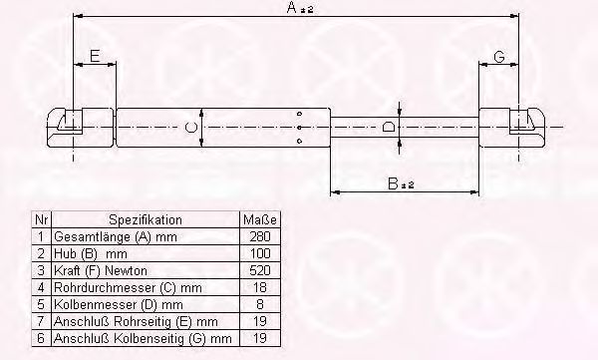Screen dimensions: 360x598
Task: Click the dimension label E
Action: pos(94,57)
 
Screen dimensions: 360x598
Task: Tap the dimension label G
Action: pos(499,57)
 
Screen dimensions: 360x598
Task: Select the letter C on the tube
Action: pos(190,127)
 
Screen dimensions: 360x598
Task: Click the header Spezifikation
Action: pos(145,218)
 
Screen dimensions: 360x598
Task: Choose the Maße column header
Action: pos(257,218)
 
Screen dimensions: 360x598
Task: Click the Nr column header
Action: pos(41,218)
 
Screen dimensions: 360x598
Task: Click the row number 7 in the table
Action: pos(41,320)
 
